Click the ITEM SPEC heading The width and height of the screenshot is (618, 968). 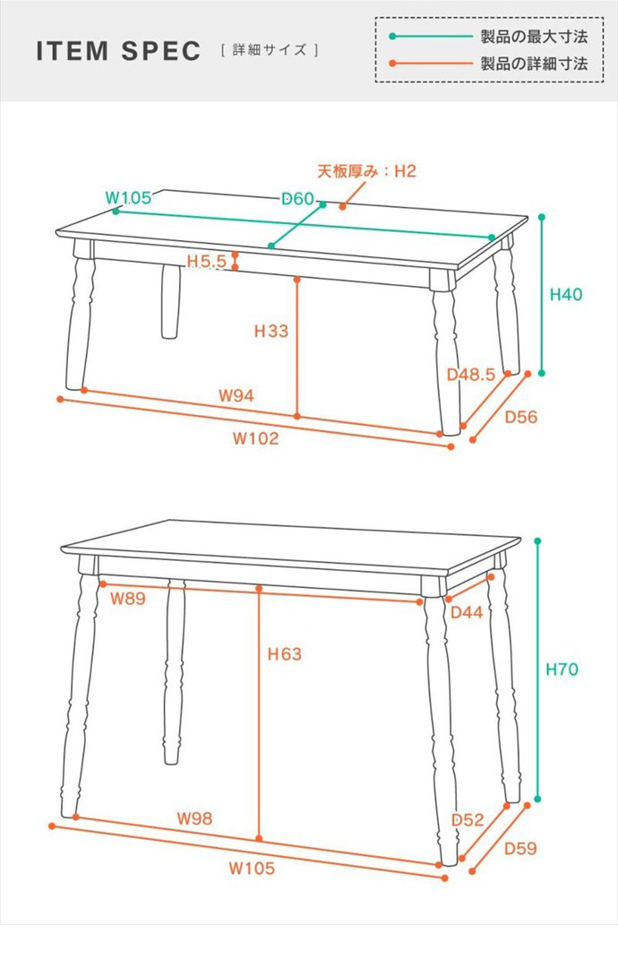(118, 50)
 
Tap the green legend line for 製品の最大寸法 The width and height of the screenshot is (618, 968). (432, 37)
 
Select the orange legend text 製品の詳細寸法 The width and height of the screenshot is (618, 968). (534, 63)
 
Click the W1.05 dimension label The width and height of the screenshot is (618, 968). (128, 197)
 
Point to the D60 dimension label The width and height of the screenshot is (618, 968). (298, 199)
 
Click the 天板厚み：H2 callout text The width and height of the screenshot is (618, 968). (367, 171)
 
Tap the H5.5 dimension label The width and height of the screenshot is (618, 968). (207, 261)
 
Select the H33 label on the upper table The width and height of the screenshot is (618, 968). (271, 331)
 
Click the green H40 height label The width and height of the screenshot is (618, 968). (565, 295)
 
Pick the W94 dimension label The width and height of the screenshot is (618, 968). (236, 395)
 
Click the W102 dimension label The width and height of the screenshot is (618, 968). (255, 438)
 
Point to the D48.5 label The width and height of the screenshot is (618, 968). (471, 374)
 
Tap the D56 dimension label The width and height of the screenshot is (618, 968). (521, 417)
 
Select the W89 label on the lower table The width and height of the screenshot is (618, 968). (128, 598)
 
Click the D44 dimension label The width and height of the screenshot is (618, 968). (467, 612)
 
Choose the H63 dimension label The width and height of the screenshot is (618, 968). (284, 653)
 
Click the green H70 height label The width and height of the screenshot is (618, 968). (562, 670)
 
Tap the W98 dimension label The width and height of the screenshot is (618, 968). (194, 818)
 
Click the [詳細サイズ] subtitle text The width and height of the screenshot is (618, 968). (270, 50)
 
